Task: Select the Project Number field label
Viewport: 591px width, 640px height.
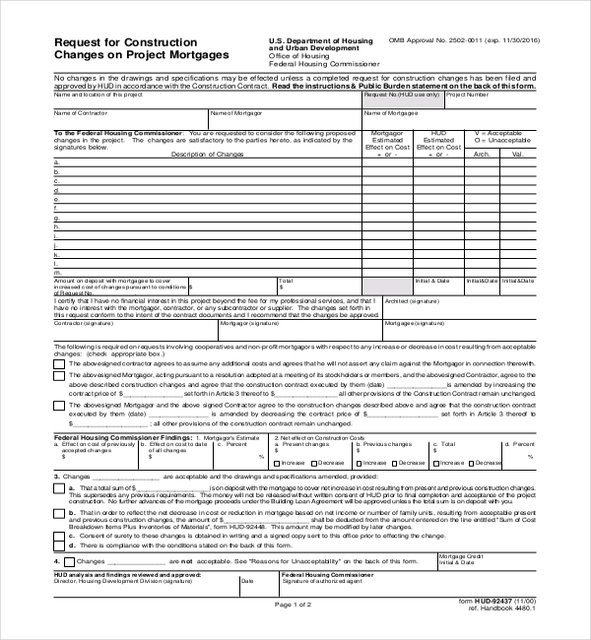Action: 468,95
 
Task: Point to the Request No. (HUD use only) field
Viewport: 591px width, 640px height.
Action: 402,95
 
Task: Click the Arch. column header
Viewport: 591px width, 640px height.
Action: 482,154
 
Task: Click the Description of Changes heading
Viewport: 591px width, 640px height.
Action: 207,154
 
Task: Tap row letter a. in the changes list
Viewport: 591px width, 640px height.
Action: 56,162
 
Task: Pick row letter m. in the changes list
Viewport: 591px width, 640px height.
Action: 57,271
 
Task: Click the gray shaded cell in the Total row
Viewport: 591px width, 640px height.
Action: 388,286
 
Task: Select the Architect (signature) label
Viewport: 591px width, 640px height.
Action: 412,301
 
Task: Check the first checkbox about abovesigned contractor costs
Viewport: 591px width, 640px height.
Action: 59,362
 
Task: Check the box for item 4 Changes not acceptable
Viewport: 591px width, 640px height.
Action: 59,560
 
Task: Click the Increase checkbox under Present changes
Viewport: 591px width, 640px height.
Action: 277,462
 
